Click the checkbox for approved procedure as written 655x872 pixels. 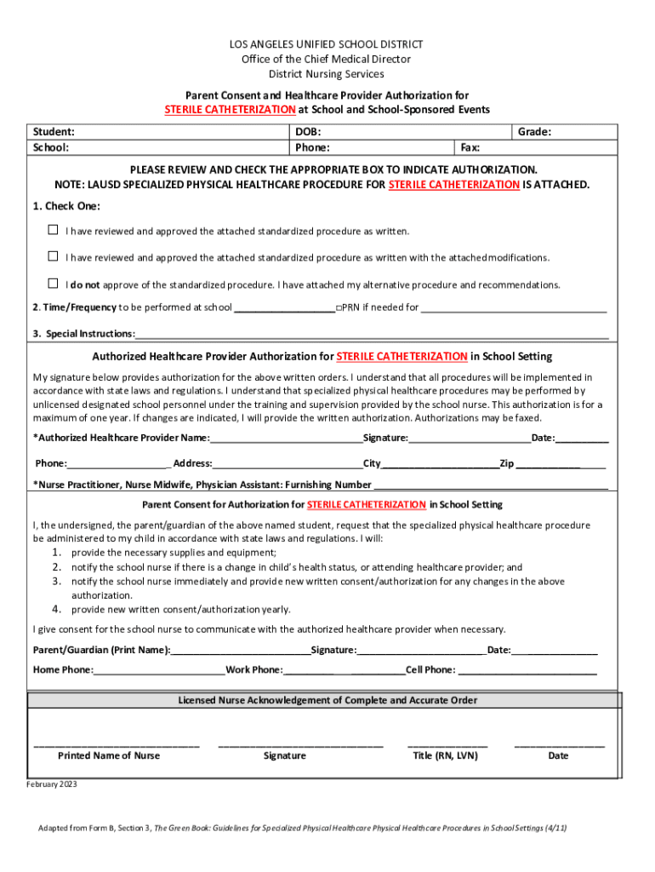coord(53,230)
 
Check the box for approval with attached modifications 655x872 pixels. coord(53,256)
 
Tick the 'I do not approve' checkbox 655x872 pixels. coord(53,283)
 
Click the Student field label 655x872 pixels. coord(54,132)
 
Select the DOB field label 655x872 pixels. coord(308,132)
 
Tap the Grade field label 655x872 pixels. coord(534,132)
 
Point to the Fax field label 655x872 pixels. coord(470,147)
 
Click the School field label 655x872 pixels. coord(51,147)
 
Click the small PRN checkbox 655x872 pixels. coord(339,307)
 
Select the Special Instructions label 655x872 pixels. coord(83,334)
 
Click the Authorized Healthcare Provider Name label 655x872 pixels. coord(121,438)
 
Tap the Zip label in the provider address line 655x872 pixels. coord(506,463)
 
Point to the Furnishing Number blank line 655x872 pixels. coord(490,485)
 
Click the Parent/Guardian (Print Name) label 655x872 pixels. coord(101,650)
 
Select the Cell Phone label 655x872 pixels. coord(430,669)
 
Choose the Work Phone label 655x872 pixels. coord(254,669)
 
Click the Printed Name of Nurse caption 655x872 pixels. coord(108,755)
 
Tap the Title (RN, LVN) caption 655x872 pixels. coord(445,755)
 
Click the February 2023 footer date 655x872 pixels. coord(52,784)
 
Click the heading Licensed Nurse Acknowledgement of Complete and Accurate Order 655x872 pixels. coord(327,700)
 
